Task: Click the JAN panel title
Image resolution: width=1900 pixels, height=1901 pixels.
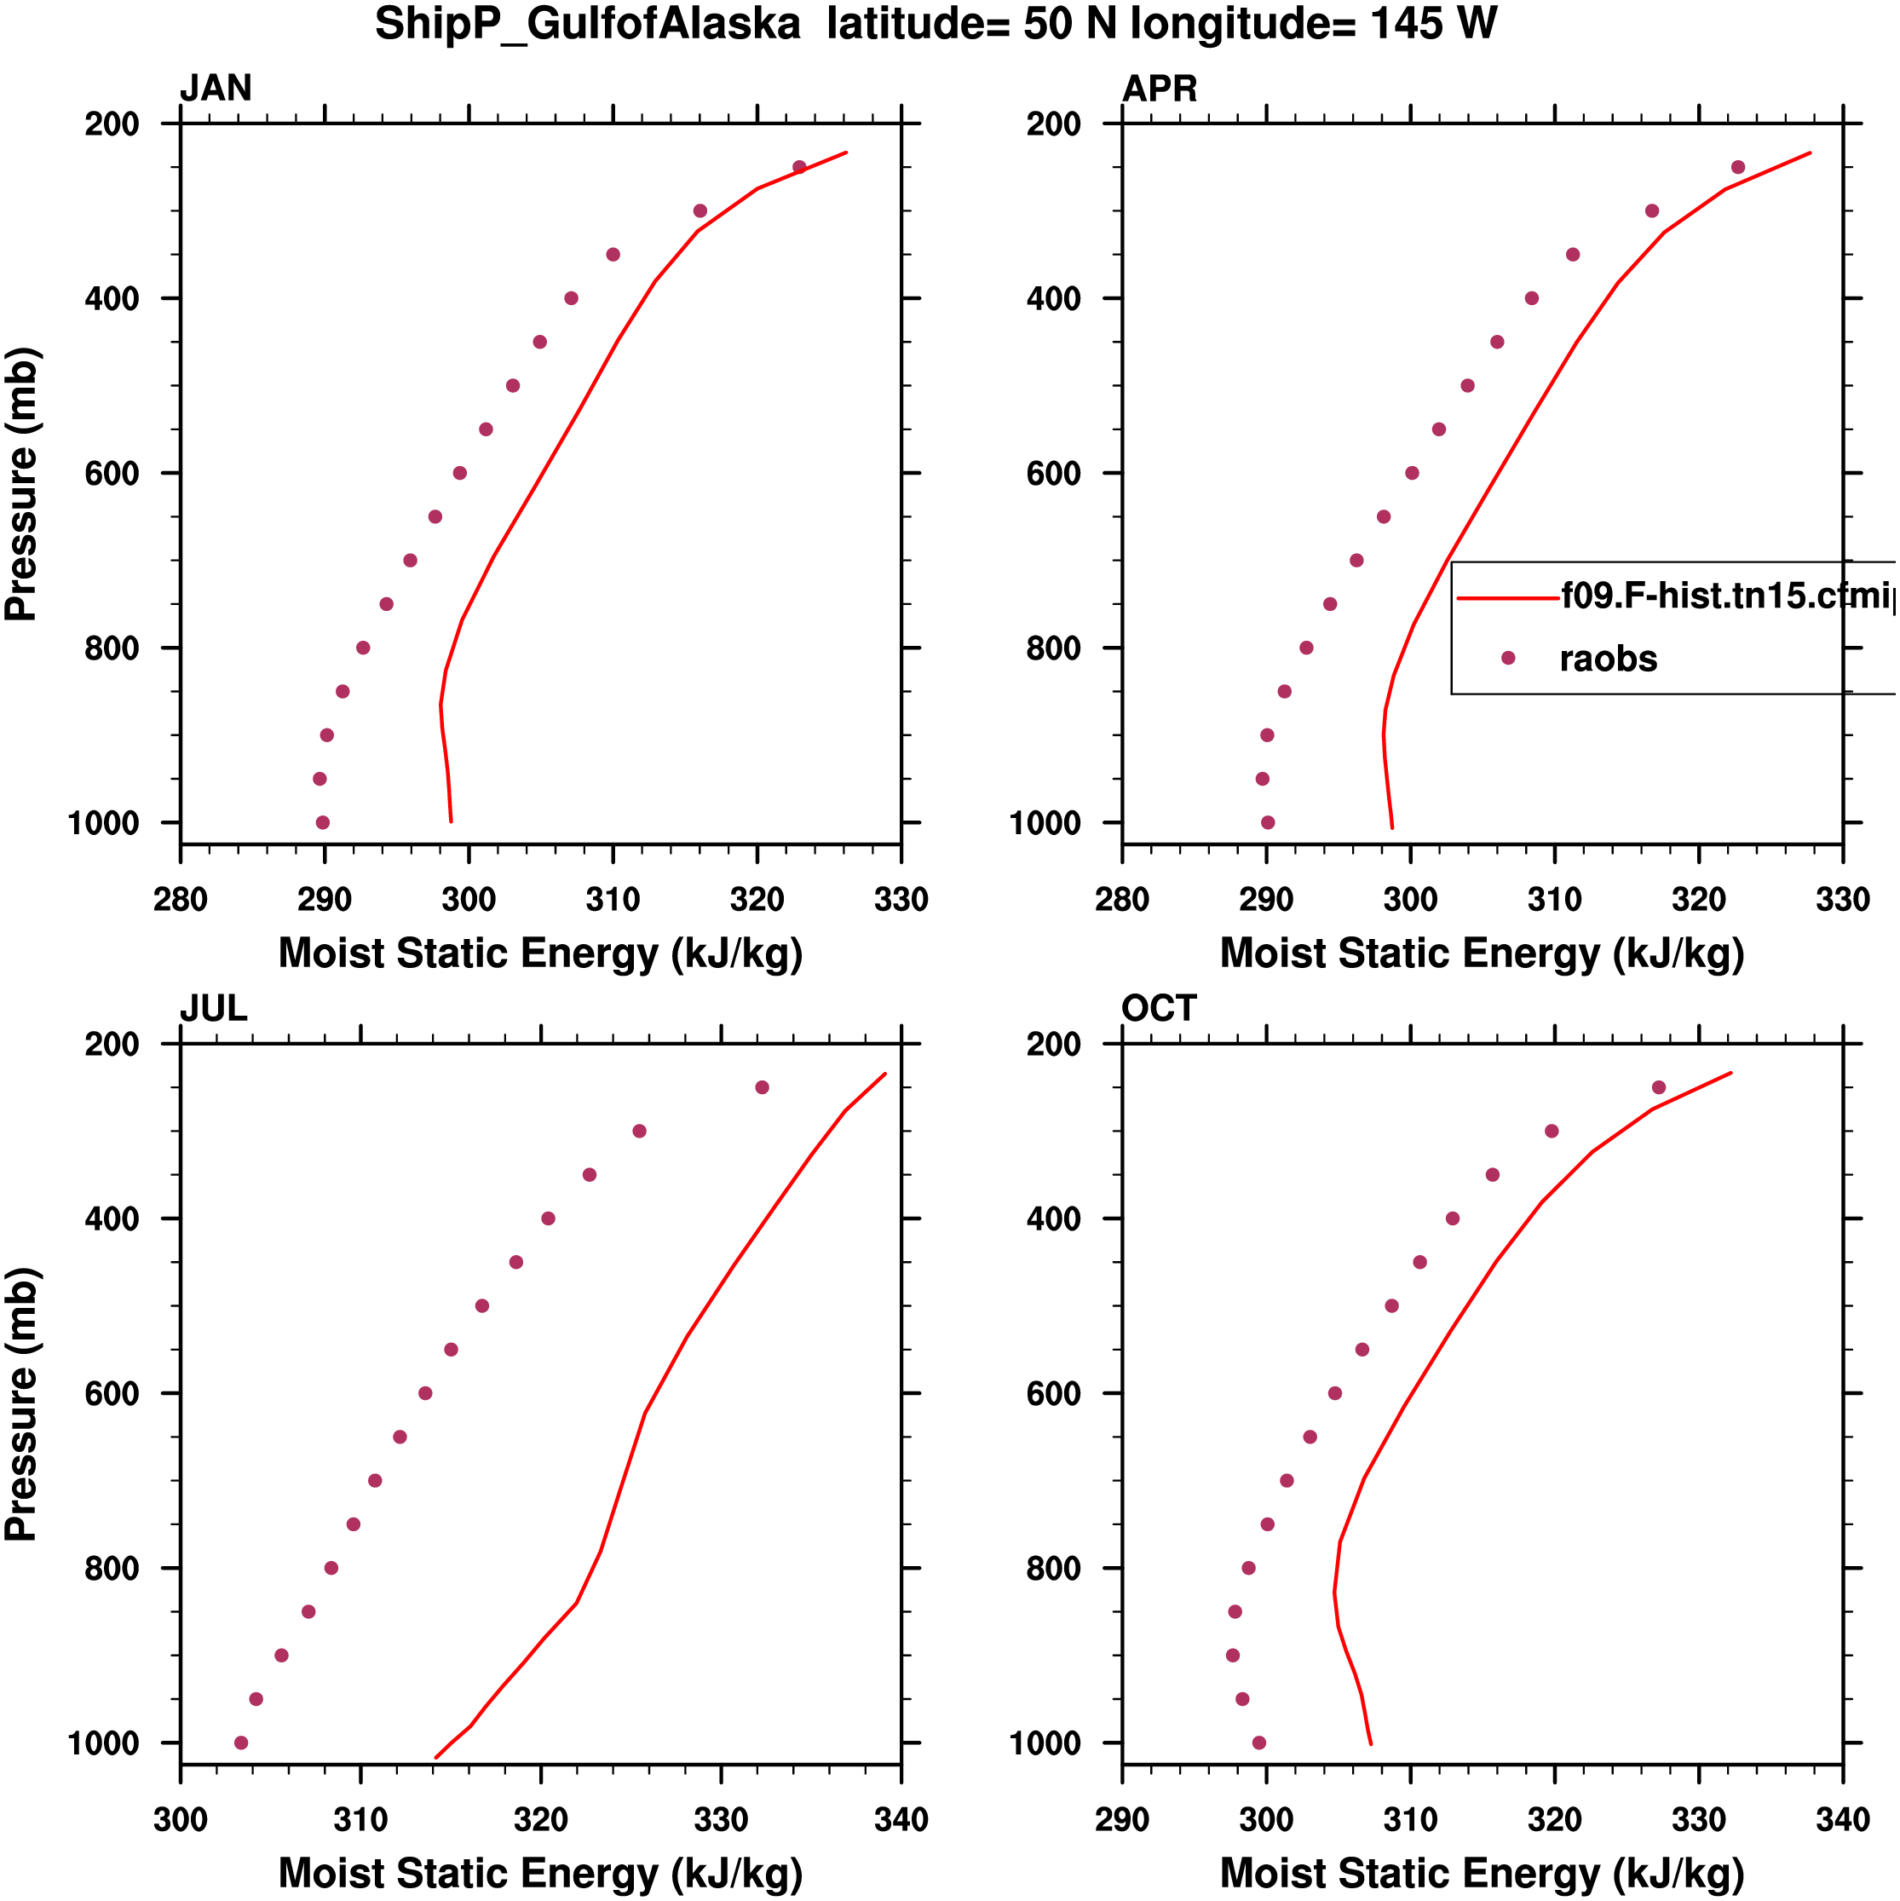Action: (216, 89)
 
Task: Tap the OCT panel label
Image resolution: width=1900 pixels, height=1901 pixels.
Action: (1158, 1009)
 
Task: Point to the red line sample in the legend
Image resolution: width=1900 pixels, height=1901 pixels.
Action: (1507, 597)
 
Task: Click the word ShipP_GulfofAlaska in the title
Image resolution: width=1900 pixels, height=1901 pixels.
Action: (587, 24)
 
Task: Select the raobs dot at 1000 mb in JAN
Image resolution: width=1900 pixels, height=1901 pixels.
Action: (323, 822)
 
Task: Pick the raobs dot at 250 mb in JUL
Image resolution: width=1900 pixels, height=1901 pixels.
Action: (762, 1087)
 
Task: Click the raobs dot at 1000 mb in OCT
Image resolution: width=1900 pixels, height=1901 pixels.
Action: (1258, 1743)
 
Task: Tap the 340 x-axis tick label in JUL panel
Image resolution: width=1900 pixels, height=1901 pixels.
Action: (901, 1819)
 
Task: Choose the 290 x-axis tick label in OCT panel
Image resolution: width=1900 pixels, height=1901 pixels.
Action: (1122, 1819)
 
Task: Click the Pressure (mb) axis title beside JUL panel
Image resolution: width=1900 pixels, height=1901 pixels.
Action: (21, 1404)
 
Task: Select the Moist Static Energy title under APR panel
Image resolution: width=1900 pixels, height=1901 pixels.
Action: (1482, 953)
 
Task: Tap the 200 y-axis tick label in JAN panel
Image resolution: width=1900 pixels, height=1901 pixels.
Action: (112, 124)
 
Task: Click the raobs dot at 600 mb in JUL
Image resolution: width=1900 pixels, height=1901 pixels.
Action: (425, 1393)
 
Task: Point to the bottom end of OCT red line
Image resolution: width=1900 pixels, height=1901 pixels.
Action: (1371, 1743)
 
